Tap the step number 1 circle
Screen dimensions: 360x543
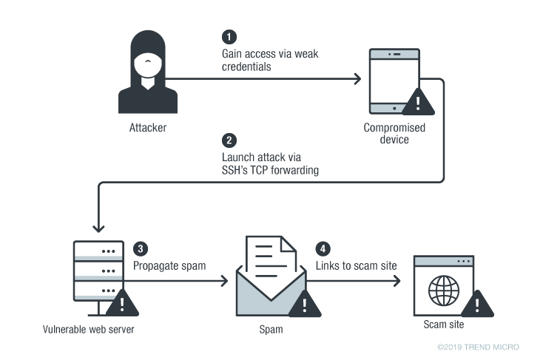coord(229,36)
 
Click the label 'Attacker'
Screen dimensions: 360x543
coord(148,128)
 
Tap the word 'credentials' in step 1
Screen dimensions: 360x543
coord(249,67)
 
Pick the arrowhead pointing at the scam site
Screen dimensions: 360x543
coord(397,281)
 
